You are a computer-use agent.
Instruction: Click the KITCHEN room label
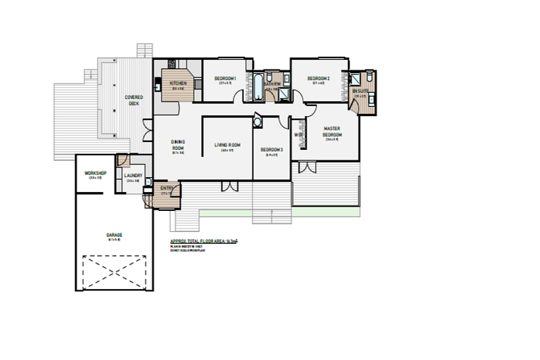(177, 83)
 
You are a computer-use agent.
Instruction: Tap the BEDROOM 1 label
(225, 77)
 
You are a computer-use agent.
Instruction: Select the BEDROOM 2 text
(319, 77)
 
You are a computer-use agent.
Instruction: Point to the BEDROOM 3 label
(271, 149)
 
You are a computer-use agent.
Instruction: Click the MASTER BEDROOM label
(332, 131)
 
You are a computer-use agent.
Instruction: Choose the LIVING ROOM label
(228, 145)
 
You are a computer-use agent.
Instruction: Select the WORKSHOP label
(95, 172)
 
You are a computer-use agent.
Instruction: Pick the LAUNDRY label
(133, 176)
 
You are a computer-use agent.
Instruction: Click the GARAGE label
(115, 235)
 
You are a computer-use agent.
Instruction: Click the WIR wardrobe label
(298, 134)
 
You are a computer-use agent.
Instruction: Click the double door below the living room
(228, 186)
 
